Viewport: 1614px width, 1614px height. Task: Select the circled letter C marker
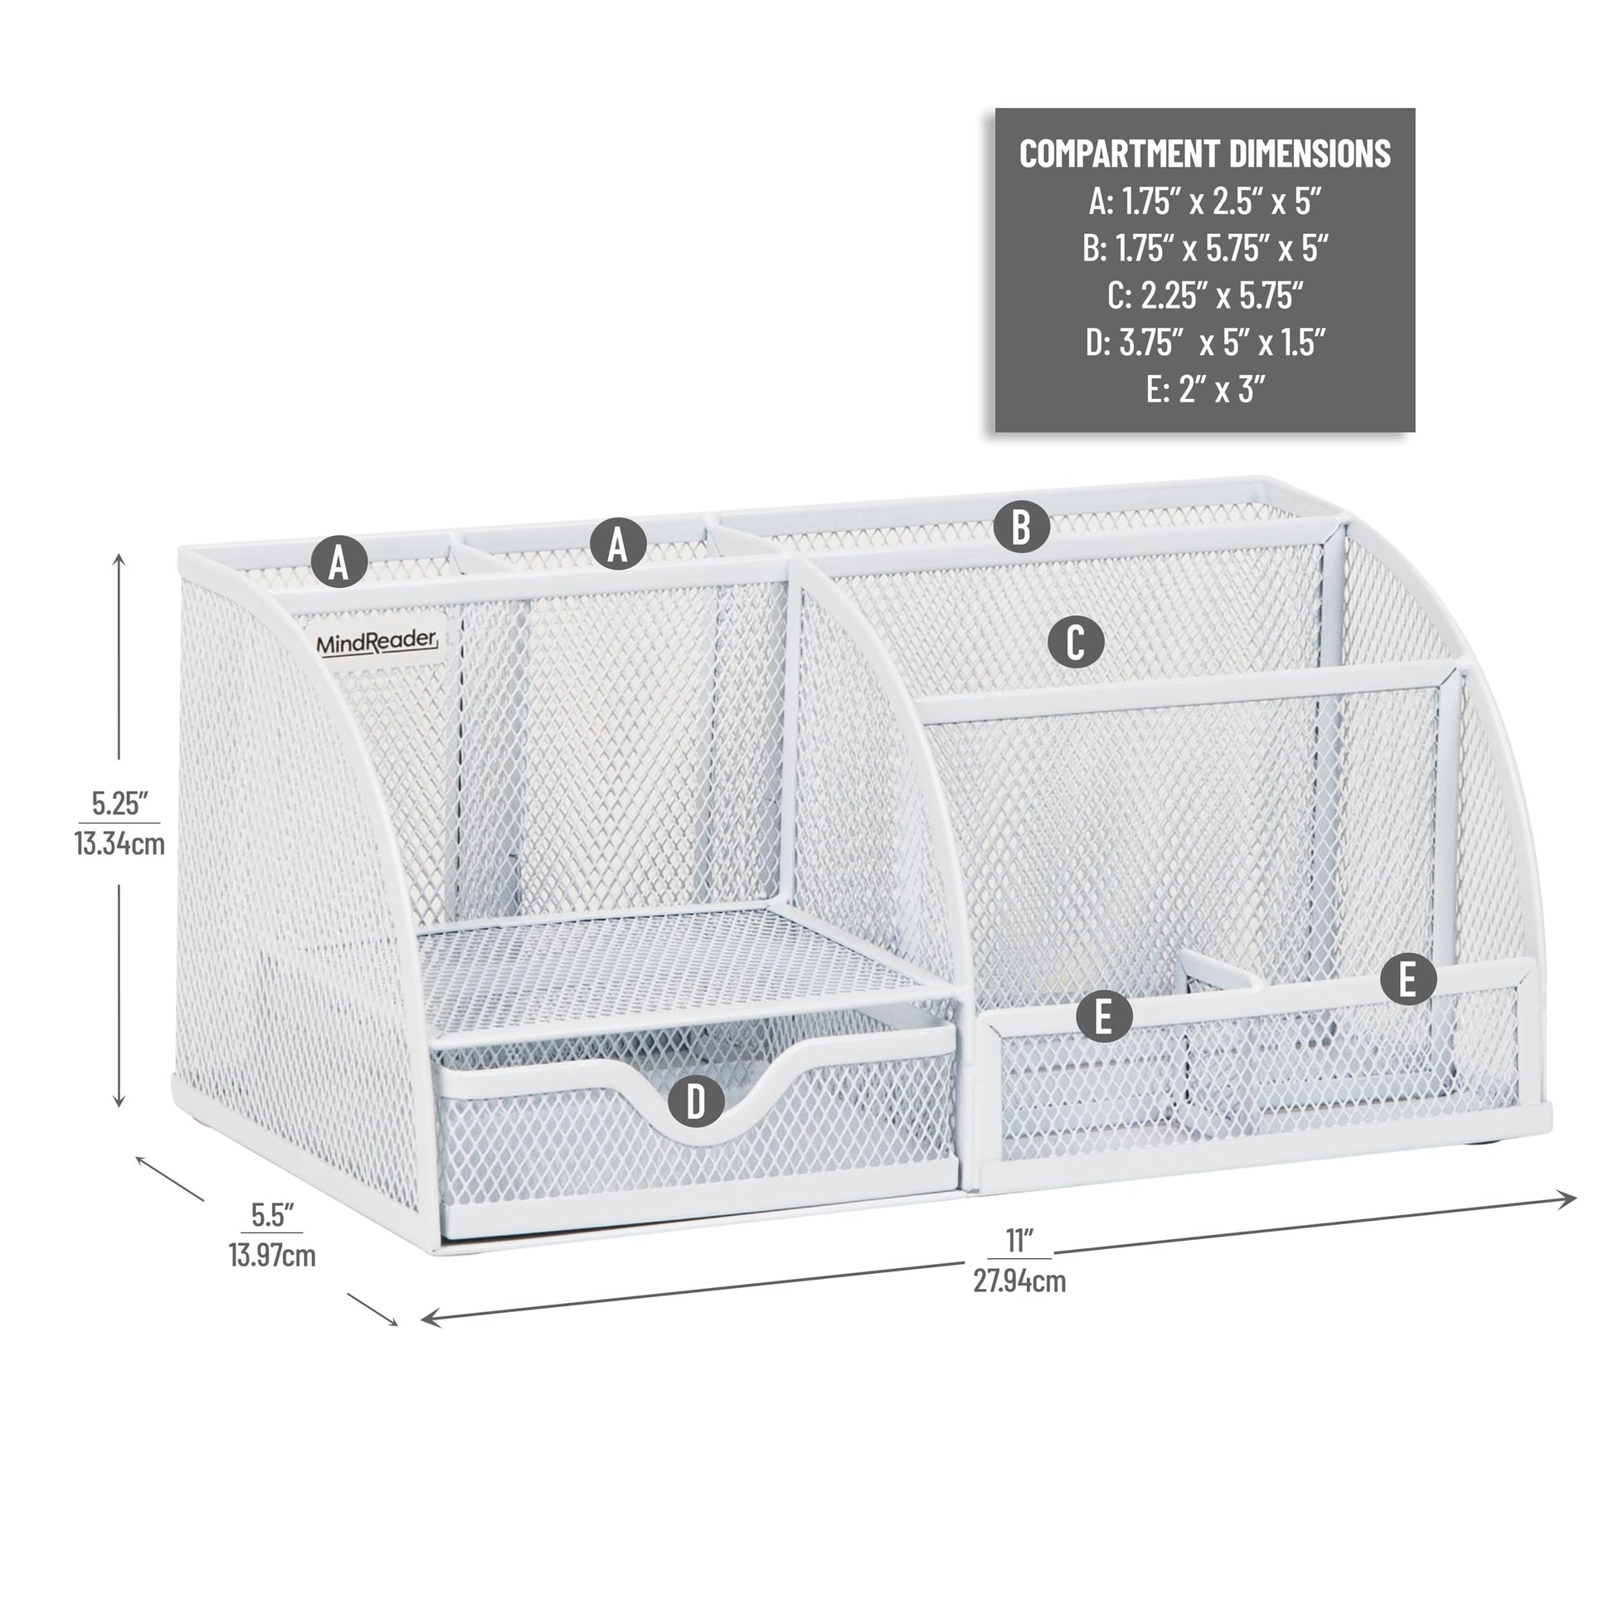1076,644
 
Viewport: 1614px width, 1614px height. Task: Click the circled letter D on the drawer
696,1101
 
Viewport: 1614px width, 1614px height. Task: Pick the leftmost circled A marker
339,561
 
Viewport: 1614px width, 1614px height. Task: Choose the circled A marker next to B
618,544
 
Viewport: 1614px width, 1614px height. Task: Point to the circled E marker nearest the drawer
1104,1017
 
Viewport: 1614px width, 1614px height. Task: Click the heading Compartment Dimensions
1204,153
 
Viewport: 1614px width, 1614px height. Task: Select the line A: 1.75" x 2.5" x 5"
1204,202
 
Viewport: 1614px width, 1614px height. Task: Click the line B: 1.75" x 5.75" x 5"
1204,248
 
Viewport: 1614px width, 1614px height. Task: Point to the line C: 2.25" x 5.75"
1204,295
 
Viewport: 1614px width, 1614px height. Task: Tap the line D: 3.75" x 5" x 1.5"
1204,342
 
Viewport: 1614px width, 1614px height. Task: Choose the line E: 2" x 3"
1204,388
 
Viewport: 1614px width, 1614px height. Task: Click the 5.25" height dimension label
119,803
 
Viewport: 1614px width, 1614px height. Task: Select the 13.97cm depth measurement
272,1255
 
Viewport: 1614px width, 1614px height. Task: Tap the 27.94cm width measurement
1019,1281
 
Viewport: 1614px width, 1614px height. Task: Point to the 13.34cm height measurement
119,843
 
